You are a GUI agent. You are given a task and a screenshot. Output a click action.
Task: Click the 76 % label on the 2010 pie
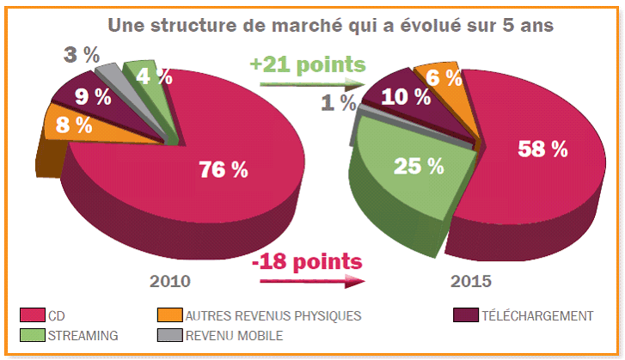tap(222, 169)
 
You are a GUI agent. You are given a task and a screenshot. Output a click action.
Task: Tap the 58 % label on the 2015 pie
tap(542, 148)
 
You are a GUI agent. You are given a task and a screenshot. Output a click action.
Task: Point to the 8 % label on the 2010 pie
tap(73, 125)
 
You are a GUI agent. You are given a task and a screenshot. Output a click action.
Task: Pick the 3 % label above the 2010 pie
tap(83, 55)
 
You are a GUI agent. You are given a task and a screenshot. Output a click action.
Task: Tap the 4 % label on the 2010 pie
tap(154, 76)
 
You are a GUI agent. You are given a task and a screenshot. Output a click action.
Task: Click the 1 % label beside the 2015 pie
tap(338, 103)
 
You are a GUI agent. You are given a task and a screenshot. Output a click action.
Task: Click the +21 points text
tap(307, 64)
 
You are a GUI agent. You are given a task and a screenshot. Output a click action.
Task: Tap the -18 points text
tap(308, 260)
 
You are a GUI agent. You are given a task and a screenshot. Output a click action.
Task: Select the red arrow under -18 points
tap(306, 279)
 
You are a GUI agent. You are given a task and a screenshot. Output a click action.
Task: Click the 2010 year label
tap(170, 281)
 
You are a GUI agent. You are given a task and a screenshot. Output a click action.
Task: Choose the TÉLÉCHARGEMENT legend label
tap(538, 315)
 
